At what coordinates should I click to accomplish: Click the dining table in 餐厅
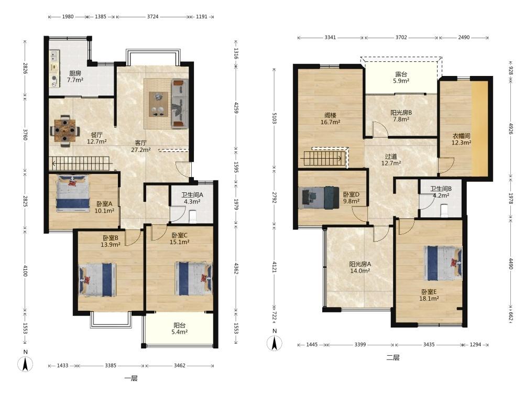(65, 130)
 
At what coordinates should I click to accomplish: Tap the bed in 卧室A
(73, 193)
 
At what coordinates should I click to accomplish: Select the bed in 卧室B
(97, 280)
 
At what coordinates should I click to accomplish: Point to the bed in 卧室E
(443, 263)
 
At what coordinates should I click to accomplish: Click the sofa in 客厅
(180, 104)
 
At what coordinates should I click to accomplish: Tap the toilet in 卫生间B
(444, 211)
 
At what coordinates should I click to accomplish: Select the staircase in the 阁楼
(325, 158)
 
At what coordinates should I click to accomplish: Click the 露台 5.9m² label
(401, 78)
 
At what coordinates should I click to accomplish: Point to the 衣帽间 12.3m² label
(461, 139)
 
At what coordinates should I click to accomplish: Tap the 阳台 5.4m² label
(179, 329)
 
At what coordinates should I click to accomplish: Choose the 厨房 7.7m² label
(75, 77)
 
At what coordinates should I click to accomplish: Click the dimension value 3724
(152, 16)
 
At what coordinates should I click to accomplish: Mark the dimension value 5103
(274, 118)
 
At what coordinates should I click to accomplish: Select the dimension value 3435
(429, 345)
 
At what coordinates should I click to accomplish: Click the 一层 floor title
(130, 378)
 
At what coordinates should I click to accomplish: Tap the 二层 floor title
(392, 357)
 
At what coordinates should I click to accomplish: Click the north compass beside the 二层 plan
(275, 341)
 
